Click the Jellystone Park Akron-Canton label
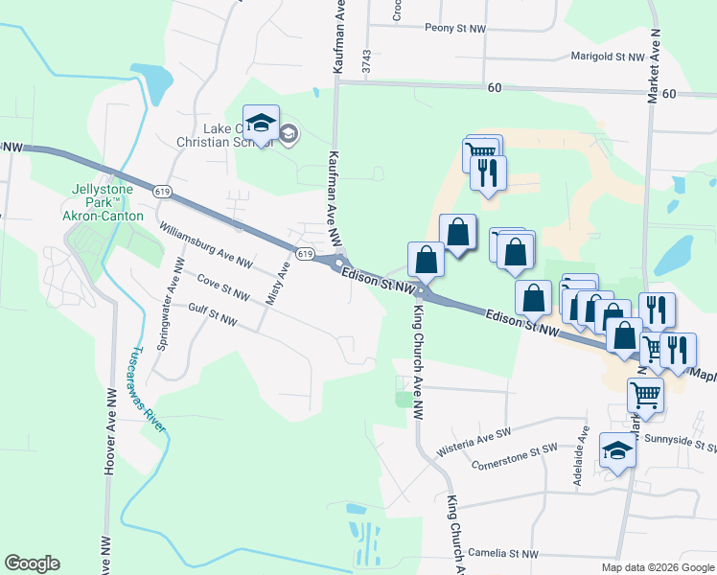(x=107, y=202)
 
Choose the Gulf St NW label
(x=212, y=313)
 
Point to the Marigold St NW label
(x=608, y=57)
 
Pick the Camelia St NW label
(x=503, y=554)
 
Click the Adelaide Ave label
(x=580, y=463)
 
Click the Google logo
(x=32, y=563)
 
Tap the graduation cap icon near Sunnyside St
(x=617, y=448)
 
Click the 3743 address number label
(x=366, y=62)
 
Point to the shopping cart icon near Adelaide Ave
(x=645, y=393)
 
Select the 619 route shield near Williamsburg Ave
(x=305, y=254)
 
